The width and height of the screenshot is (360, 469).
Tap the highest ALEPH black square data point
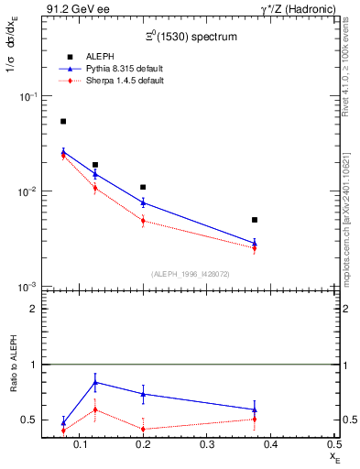click(63, 121)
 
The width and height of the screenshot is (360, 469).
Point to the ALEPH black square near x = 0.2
click(143, 187)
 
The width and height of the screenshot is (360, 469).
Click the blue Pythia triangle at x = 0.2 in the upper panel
click(143, 202)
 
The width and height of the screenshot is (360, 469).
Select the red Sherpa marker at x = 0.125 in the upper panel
click(95, 188)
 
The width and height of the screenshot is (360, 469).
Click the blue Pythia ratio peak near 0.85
click(95, 382)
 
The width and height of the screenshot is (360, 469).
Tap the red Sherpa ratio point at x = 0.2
click(143, 429)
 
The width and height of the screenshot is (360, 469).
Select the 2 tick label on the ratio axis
click(33, 309)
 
